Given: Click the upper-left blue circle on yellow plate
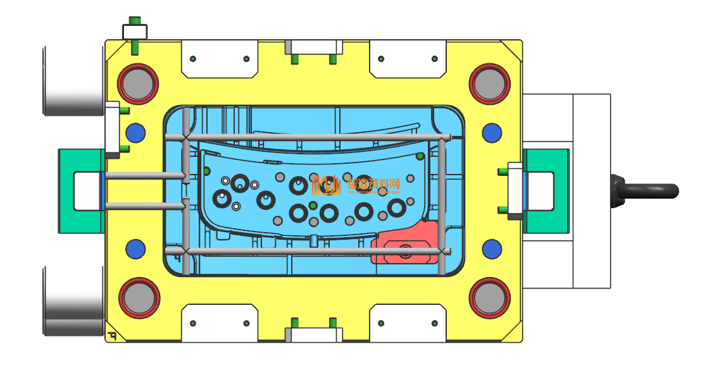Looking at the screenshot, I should click(135, 133).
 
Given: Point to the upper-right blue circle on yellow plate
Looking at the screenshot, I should click(492, 133).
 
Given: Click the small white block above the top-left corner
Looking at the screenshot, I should click(135, 31).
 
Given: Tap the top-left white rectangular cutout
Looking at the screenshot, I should click(220, 59).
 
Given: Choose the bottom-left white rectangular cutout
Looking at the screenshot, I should click(220, 323).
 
